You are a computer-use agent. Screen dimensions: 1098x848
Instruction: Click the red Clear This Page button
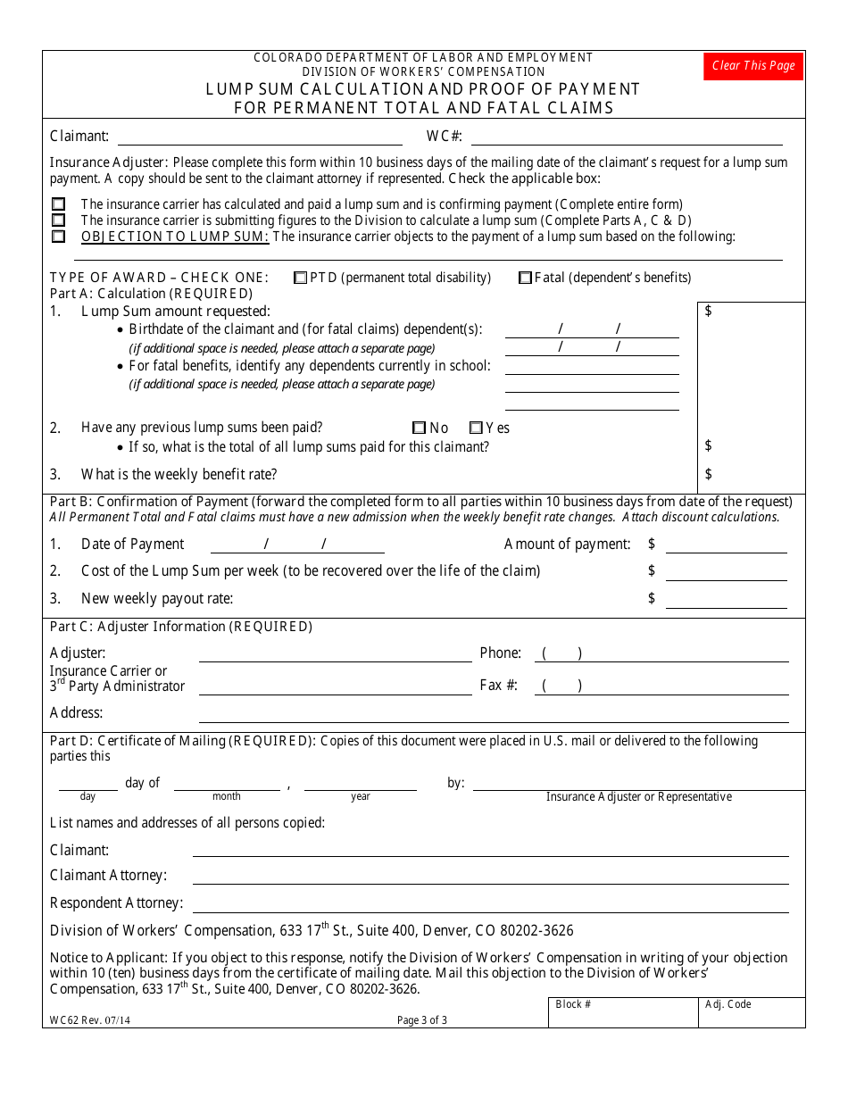click(752, 66)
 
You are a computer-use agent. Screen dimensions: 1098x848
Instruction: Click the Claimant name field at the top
click(260, 137)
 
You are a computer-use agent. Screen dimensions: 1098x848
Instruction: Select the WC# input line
click(626, 137)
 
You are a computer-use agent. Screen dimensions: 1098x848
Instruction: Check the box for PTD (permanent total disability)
click(301, 278)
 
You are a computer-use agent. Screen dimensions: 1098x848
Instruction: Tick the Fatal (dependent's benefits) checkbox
click(526, 278)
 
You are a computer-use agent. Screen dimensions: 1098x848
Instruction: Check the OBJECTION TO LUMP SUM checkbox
click(59, 237)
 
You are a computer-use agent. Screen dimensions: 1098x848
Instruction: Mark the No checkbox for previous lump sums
click(420, 428)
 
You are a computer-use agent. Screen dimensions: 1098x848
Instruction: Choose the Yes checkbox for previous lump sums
click(476, 428)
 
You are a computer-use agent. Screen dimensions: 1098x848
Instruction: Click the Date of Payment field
click(296, 545)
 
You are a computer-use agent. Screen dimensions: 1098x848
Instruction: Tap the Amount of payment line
click(726, 545)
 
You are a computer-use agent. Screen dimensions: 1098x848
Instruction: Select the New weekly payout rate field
click(726, 598)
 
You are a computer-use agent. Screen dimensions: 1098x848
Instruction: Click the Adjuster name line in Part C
click(335, 653)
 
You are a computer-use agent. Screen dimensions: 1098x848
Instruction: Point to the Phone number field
click(661, 653)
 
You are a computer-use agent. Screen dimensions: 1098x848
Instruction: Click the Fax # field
click(661, 686)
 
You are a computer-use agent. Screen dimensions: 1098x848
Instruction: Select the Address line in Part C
click(493, 713)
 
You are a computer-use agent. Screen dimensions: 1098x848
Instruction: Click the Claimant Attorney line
click(490, 876)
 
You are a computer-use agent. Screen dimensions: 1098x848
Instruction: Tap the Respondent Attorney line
click(490, 903)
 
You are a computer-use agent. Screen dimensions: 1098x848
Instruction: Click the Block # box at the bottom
click(622, 1012)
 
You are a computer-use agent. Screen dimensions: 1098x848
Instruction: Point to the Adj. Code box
click(751, 1012)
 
